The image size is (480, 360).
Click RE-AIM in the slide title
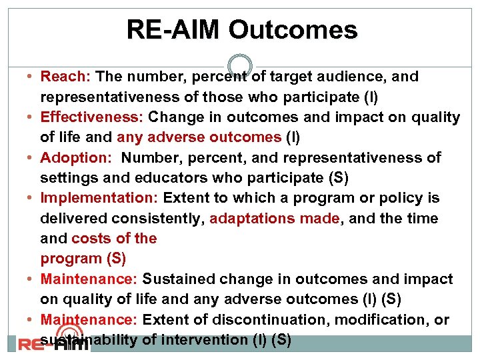tap(174, 30)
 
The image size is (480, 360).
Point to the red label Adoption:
tap(75, 158)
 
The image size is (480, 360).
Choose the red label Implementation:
tap(99, 198)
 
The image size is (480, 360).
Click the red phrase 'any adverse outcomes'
tap(199, 137)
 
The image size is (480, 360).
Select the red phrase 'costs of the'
tap(114, 238)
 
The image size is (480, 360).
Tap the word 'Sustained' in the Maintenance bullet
tap(175, 279)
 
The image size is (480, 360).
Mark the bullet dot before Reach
tap(33, 77)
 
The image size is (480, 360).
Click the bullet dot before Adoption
tap(33, 159)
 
